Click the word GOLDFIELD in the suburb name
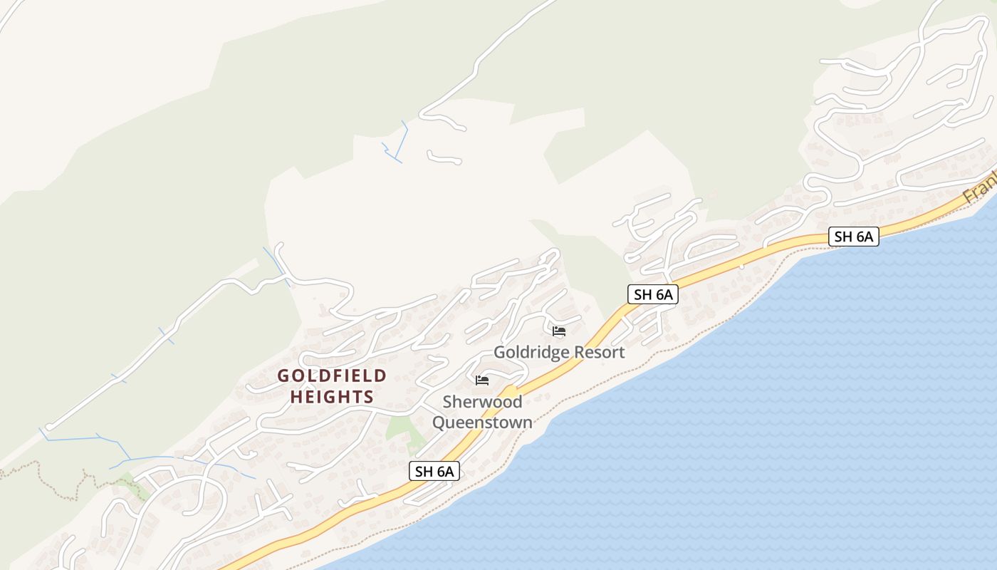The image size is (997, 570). click(x=332, y=375)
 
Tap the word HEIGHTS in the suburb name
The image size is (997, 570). click(x=332, y=397)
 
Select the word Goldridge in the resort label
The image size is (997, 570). click(x=528, y=352)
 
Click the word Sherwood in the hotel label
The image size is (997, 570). click(x=482, y=402)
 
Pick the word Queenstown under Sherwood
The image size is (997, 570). click(x=482, y=423)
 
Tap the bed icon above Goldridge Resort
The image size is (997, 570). click(x=559, y=331)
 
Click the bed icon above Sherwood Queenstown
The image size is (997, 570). click(x=482, y=380)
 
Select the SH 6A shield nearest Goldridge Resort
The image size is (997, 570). click(x=652, y=294)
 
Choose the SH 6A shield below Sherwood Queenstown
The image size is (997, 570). click(x=434, y=471)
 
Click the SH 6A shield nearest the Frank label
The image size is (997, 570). click(x=853, y=237)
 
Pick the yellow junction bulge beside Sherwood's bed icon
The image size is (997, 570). click(x=510, y=392)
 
